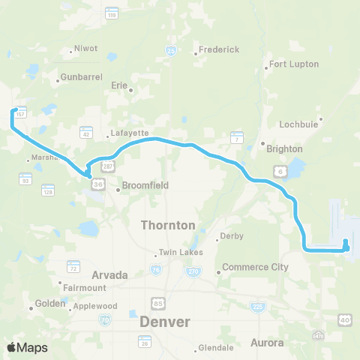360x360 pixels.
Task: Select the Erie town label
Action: pyautogui.click(x=119, y=85)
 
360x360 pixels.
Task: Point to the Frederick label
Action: pyautogui.click(x=218, y=49)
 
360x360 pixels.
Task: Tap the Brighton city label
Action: pyautogui.click(x=284, y=148)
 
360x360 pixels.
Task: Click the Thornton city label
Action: pyautogui.click(x=169, y=224)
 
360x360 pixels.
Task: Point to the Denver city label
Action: pyautogui.click(x=165, y=321)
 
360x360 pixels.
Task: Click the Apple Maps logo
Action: pyautogui.click(x=27, y=347)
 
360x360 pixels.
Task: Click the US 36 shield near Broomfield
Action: pyautogui.click(x=97, y=182)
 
